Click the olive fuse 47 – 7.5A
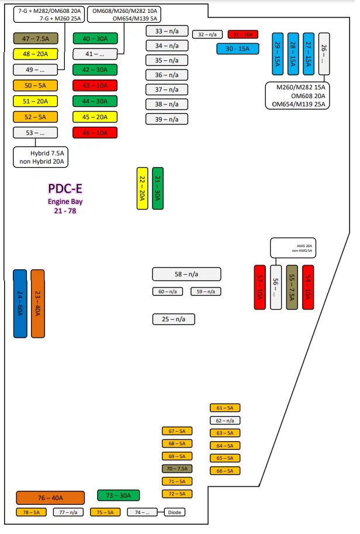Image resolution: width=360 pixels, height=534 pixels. tap(36, 39)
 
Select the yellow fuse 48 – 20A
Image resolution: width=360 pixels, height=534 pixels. tap(36, 54)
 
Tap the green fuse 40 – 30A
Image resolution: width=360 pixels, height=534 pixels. tap(95, 39)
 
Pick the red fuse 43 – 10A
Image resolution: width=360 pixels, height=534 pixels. tap(95, 85)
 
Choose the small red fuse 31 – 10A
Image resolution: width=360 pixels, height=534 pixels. tap(243, 34)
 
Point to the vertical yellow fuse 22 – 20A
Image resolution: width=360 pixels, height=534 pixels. tap(141, 188)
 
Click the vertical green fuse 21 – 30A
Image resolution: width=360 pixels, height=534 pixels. tap(158, 188)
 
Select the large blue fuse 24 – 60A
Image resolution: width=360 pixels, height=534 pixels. tap(20, 303)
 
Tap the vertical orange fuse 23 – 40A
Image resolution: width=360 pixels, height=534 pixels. tap(37, 303)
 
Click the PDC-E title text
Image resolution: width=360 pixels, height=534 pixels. tap(65, 189)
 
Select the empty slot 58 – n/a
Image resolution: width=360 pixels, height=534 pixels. tap(186, 274)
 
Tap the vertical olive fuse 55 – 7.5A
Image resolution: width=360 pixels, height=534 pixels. tap(292, 287)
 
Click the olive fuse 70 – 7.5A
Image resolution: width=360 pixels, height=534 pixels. tap(177, 469)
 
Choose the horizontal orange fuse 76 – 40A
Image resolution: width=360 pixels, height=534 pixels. tap(50, 498)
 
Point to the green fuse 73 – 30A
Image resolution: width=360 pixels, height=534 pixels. tap(118, 495)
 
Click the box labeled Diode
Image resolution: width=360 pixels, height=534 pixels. tap(174, 512)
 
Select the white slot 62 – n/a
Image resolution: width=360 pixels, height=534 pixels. tap(225, 420)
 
